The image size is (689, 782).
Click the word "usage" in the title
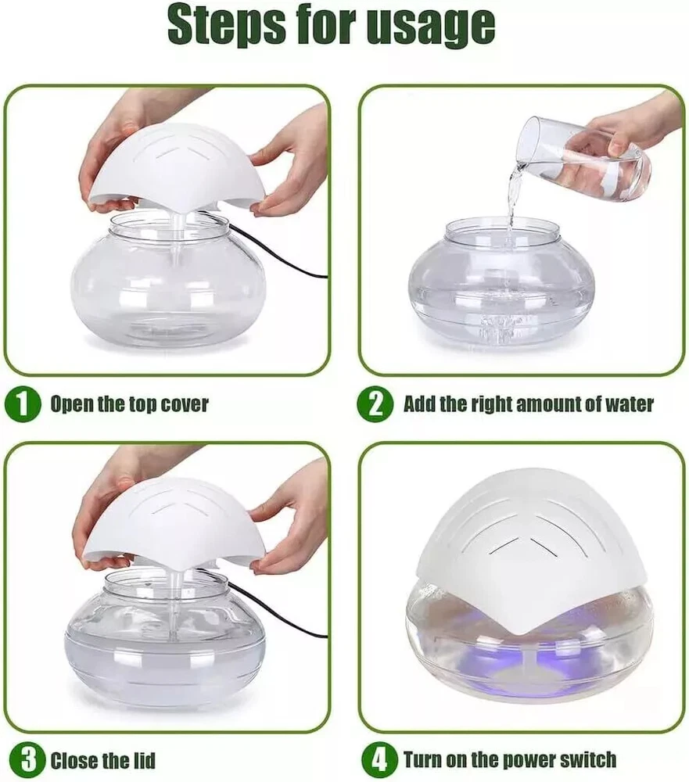431,25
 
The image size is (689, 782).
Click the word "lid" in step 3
143,761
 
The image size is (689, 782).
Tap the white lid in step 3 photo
172,526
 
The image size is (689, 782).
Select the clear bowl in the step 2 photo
501,285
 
